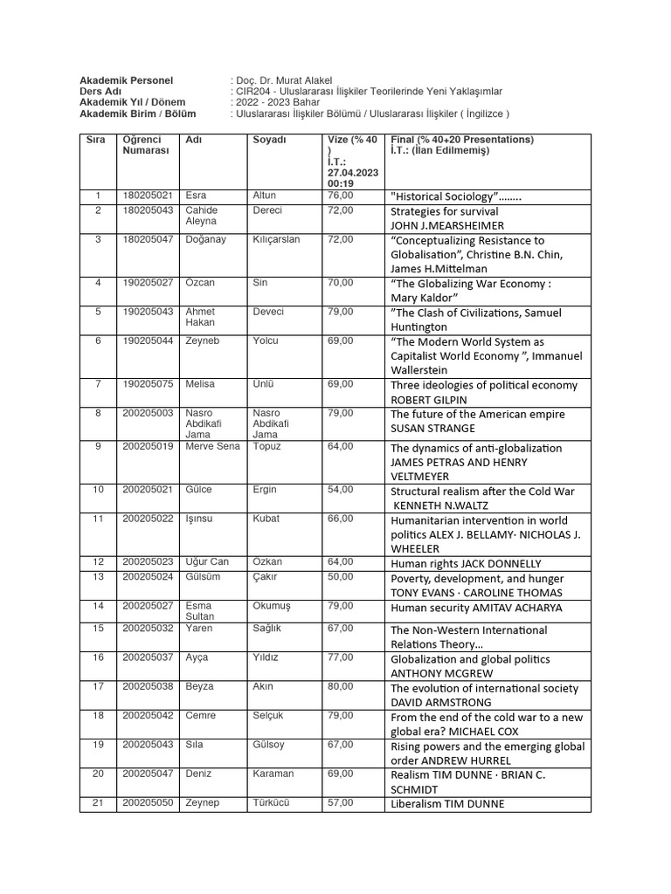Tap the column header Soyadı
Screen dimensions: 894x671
269,140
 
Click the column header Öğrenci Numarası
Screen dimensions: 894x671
145,145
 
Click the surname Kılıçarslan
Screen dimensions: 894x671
276,239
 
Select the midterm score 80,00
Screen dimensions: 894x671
341,687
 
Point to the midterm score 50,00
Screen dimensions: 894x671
341,577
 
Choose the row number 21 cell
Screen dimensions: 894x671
98,802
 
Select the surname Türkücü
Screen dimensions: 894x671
271,802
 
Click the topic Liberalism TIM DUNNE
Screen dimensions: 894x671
447,804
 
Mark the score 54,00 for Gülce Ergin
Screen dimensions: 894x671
341,490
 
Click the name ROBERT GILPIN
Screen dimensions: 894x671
429,400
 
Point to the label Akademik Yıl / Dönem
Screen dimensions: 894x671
132,102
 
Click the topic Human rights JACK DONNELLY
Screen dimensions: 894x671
466,564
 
